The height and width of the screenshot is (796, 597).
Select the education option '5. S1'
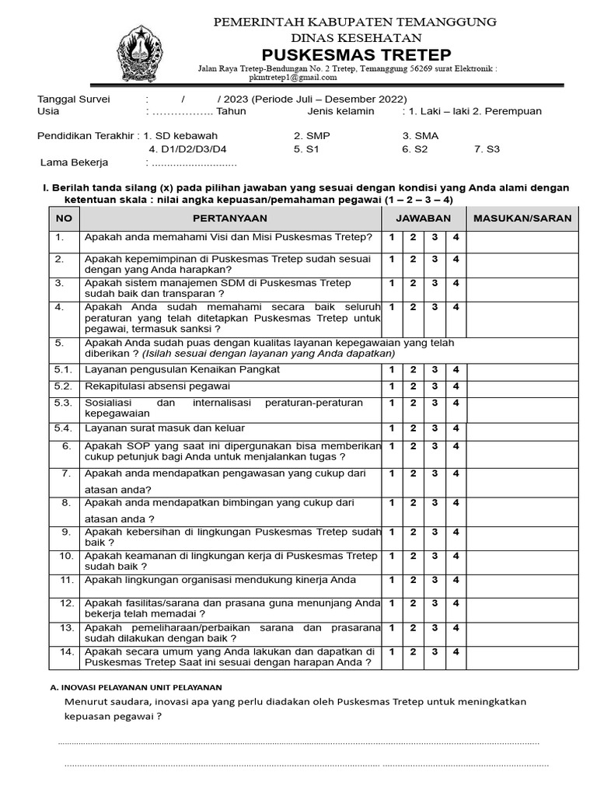(x=306, y=149)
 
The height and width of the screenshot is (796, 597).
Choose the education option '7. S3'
(x=487, y=149)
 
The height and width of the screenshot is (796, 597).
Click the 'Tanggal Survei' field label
(x=75, y=99)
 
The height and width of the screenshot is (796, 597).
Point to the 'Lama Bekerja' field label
(x=75, y=162)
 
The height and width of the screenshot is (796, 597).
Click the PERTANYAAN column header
(x=230, y=218)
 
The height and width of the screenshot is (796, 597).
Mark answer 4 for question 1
(x=456, y=237)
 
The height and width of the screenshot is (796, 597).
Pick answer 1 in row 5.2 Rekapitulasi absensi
(x=392, y=386)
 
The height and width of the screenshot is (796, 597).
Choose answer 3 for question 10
(x=435, y=556)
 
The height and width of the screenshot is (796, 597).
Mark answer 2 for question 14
(x=414, y=651)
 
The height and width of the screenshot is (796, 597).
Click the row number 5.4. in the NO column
(x=62, y=428)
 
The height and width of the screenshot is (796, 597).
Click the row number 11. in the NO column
(x=67, y=580)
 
